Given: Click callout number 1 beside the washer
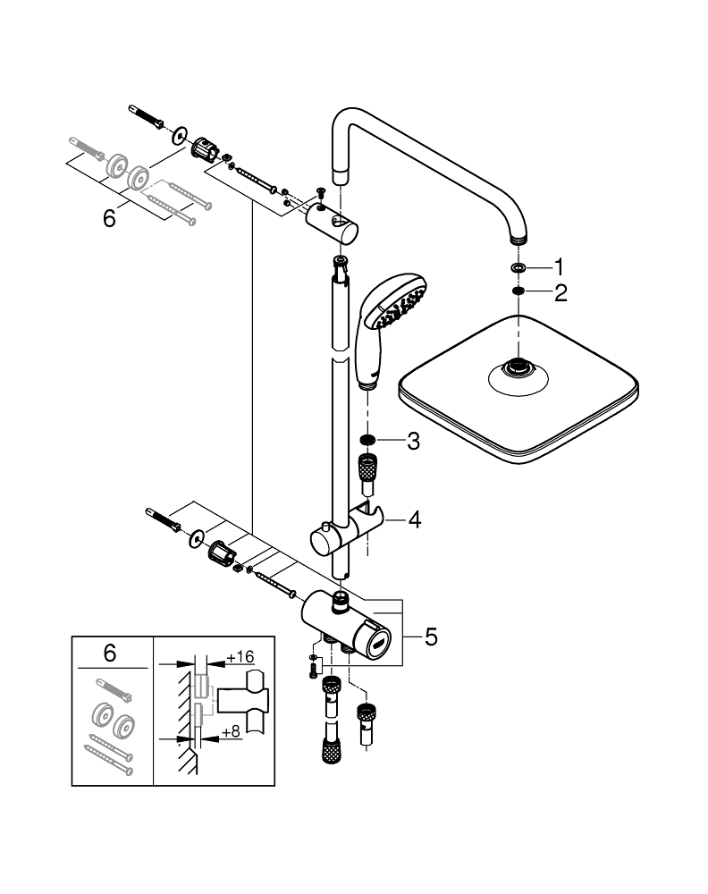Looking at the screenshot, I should (559, 266).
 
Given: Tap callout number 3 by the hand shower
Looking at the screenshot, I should (412, 440).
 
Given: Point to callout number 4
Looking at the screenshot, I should (413, 519).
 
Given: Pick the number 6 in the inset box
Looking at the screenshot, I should (110, 654).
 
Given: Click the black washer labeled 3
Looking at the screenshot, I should (366, 441).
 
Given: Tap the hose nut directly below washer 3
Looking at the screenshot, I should (366, 468).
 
